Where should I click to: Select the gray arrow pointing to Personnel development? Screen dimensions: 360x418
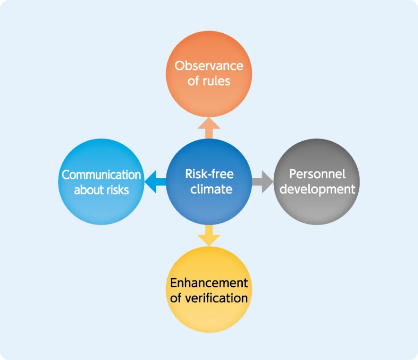[x=263, y=182]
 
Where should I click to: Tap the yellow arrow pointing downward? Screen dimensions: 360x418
[x=209, y=235]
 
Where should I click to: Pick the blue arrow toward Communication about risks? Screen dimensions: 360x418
[x=155, y=182]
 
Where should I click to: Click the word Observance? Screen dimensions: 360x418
[x=209, y=66]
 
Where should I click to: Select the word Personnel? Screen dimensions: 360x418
[x=317, y=174]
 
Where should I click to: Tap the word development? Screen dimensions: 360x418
[x=317, y=189]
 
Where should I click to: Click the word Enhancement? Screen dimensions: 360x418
[x=209, y=283]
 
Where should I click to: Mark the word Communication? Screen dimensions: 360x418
[x=101, y=175]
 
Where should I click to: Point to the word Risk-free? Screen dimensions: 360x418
[x=209, y=174]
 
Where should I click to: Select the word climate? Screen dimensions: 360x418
[x=211, y=189]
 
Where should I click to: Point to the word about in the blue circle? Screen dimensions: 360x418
[x=89, y=189]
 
